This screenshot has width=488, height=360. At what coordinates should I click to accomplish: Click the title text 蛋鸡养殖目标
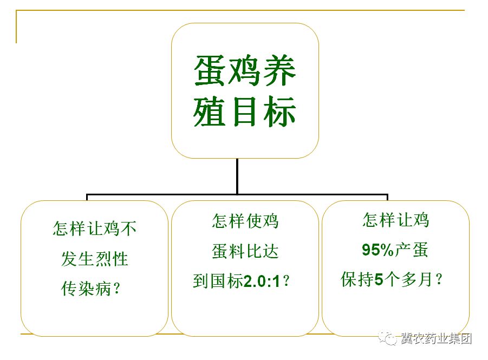[245, 91]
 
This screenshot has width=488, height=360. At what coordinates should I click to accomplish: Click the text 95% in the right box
[378, 250]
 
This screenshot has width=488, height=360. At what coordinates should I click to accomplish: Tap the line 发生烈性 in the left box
[95, 259]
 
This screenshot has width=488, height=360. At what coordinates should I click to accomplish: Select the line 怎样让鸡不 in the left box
[95, 228]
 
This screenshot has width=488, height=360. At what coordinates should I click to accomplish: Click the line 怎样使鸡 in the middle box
[245, 221]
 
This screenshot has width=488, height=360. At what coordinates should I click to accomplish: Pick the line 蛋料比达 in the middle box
[245, 251]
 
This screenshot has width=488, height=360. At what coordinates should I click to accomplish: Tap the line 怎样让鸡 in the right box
[395, 220]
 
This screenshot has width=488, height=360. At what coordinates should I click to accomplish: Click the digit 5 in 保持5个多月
[379, 280]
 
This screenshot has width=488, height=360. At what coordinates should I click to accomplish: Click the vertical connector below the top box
[237, 175]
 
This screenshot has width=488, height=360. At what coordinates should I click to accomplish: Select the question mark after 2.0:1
[288, 282]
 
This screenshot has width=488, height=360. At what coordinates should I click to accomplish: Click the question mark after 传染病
[117, 289]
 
